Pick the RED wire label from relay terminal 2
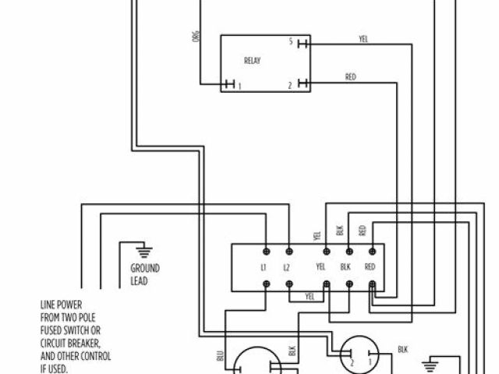tap(351, 77)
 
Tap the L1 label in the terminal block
tap(264, 267)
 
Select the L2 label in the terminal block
tap(287, 267)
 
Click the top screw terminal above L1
tap(267, 251)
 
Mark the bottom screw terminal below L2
tap(289, 284)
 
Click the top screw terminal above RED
tap(371, 251)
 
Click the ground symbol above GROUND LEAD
tap(143, 250)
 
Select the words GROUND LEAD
tap(145, 273)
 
